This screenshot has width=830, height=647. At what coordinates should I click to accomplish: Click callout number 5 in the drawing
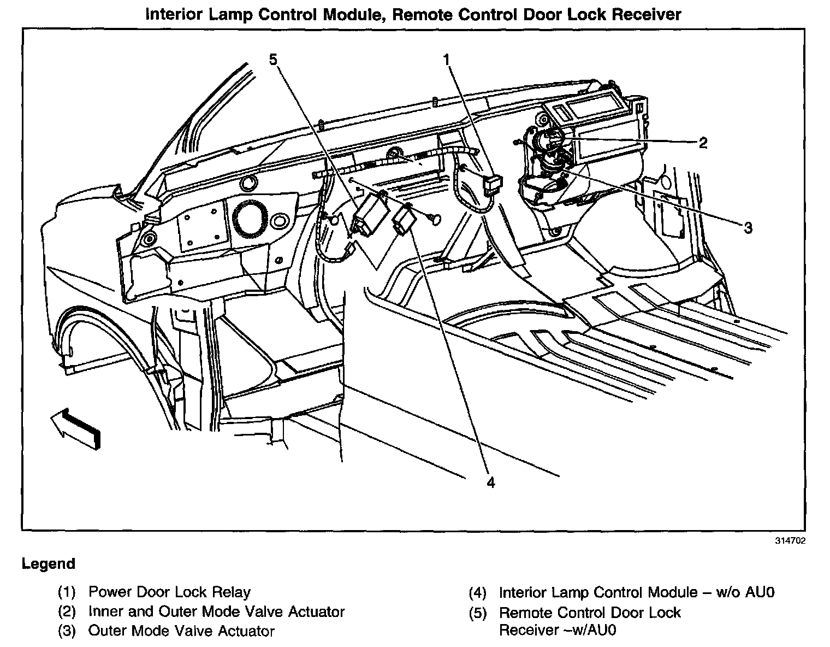coord(273,58)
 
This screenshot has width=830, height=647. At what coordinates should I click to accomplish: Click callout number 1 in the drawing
coord(447,58)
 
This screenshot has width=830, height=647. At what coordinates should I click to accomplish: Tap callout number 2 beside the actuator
coord(703,143)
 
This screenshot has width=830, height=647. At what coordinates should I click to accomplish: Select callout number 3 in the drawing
coord(748,227)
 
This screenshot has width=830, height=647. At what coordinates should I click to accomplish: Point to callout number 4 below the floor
coord(490,483)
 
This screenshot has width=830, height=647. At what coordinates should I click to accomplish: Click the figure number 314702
coord(790,541)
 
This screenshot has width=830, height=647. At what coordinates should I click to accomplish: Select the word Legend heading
coord(49,563)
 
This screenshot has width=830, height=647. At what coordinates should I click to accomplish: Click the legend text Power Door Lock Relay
coord(169,592)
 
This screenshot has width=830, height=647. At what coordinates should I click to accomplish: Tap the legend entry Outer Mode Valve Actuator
coord(181,631)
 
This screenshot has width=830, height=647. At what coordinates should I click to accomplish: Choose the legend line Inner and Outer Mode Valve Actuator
coord(216,611)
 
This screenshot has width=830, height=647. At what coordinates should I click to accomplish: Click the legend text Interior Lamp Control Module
coord(598,592)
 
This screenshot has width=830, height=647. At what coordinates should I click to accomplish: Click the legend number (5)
coord(477,613)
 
